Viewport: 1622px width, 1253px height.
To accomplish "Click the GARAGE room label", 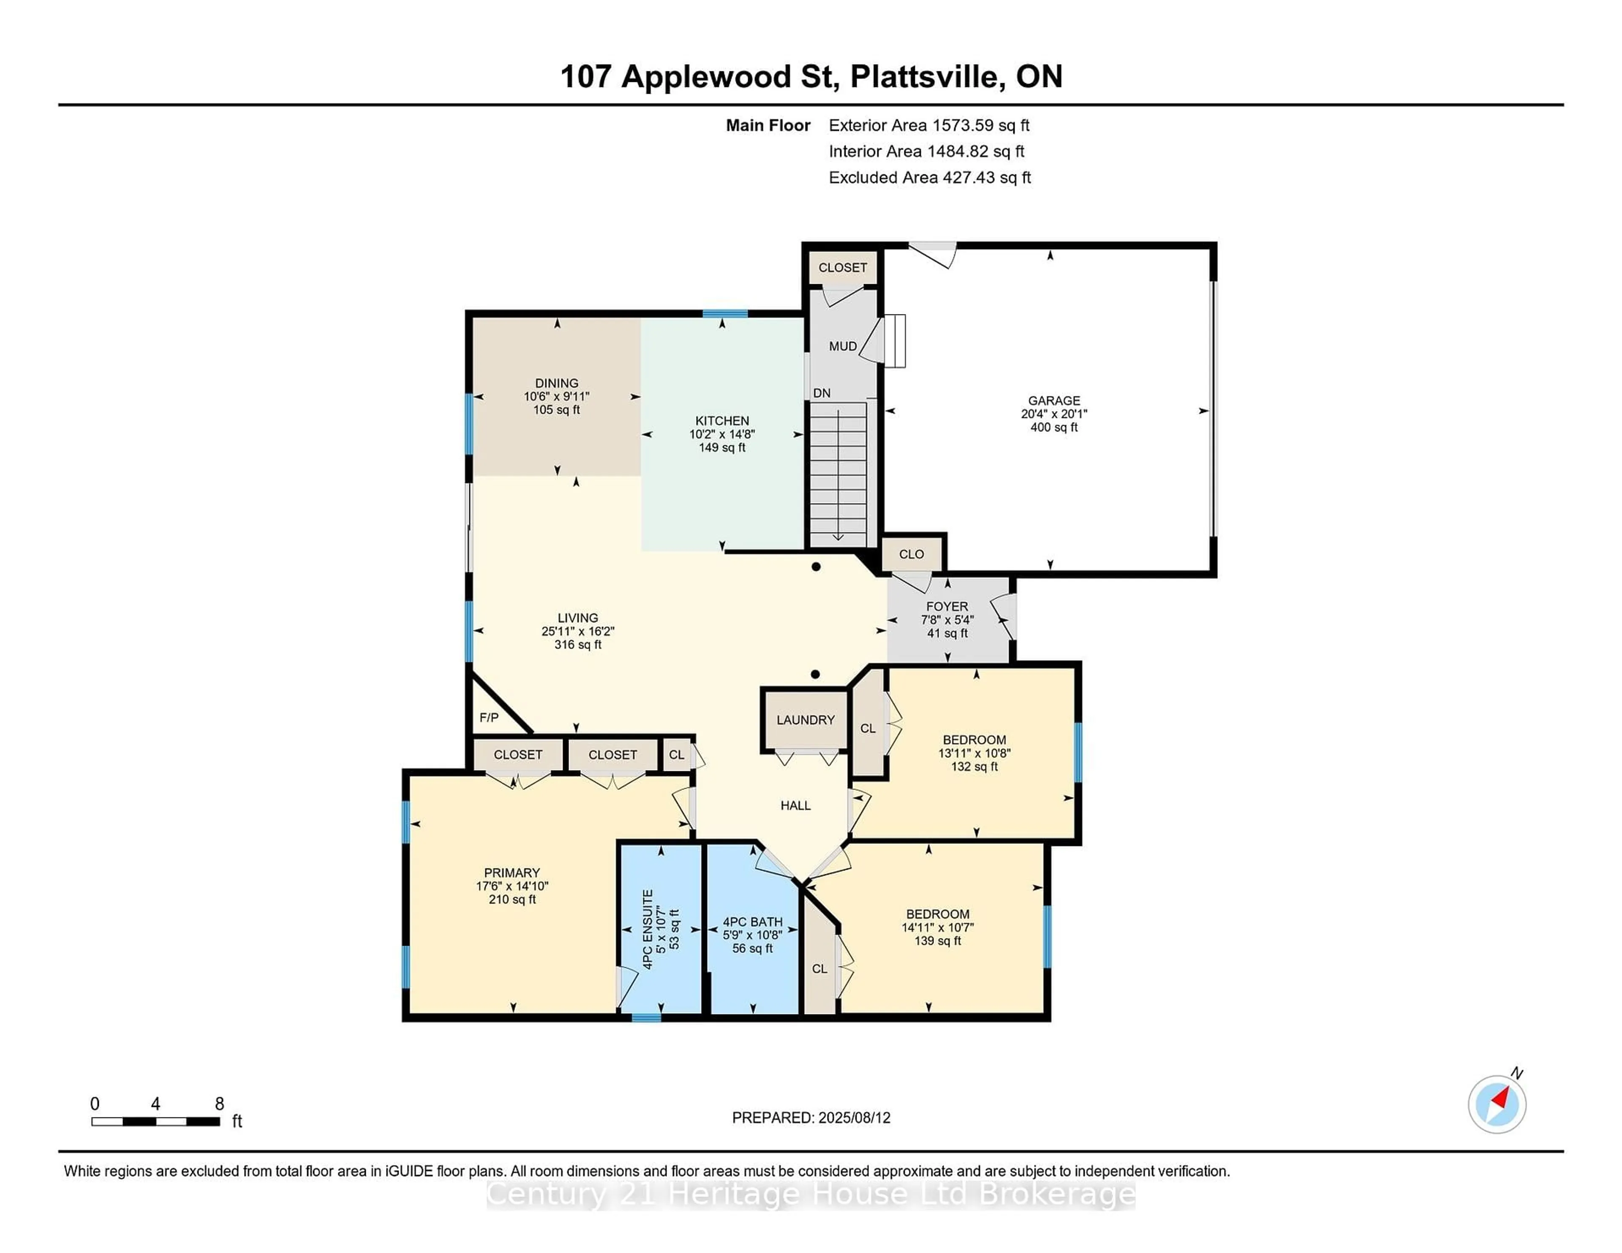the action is pos(1054,400).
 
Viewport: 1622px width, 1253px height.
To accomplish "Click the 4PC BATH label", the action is pos(752,922).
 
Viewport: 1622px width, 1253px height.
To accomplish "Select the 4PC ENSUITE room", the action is pos(660,928).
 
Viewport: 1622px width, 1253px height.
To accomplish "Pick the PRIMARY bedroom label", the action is pos(512,873).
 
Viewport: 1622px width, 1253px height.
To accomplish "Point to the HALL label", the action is pos(795,805).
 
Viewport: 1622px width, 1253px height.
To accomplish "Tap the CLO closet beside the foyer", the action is pos(912,554).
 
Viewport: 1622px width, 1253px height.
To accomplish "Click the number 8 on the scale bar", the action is pos(219,1104).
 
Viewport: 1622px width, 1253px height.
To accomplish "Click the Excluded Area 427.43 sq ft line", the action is pos(930,177).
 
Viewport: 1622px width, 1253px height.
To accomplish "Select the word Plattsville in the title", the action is pos(927,76).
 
